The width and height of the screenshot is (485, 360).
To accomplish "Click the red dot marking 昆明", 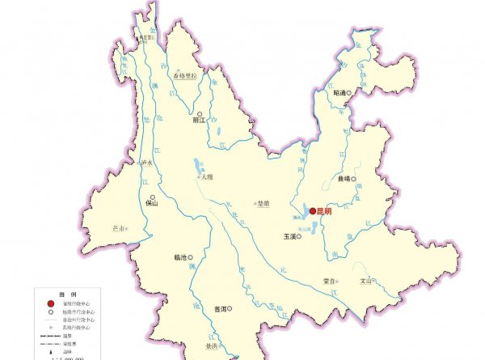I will (313, 211).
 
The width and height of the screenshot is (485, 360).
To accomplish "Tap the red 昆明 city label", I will (325, 211).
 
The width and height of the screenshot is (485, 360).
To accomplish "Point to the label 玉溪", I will (290, 237).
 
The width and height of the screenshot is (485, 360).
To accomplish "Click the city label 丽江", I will (199, 123).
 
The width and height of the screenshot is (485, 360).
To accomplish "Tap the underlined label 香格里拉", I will (186, 76).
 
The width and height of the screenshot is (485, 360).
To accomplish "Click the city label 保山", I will (151, 205).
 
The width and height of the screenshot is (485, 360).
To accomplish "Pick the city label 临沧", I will (180, 258).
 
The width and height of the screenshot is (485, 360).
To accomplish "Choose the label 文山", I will (366, 281).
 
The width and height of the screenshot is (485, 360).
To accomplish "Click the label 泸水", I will (147, 163).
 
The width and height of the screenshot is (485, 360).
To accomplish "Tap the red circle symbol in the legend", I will (51, 303).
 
